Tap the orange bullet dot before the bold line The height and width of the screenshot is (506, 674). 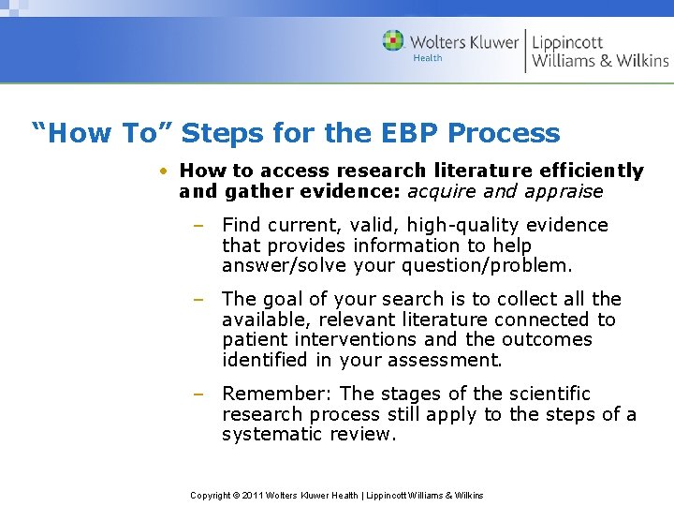163,171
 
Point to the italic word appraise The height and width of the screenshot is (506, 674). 563,192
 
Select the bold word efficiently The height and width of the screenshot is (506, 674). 591,171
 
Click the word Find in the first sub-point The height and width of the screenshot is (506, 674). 242,226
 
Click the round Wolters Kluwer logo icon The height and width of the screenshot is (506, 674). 393,41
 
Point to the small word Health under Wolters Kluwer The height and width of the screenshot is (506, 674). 428,58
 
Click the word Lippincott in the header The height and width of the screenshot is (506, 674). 567,42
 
